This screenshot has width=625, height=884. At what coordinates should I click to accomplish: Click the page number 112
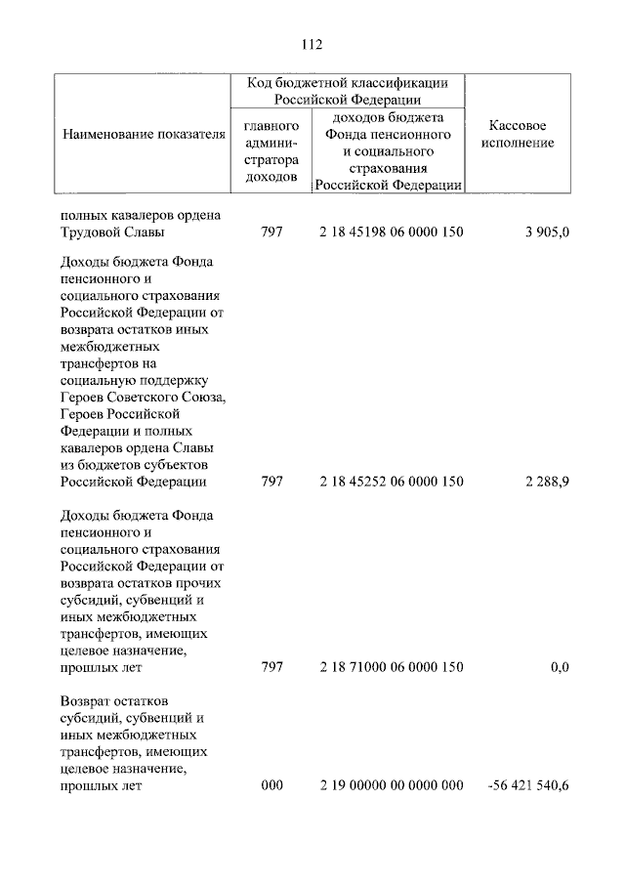[x=312, y=44]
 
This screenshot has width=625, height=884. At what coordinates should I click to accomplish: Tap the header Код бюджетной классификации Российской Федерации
[x=347, y=91]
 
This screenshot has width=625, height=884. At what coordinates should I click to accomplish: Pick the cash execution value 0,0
[x=559, y=667]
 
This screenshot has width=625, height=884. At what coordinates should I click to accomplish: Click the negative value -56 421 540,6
[x=526, y=784]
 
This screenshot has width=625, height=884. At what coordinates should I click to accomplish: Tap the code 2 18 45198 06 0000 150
[x=391, y=232]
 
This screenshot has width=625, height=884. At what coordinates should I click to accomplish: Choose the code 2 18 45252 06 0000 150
[x=391, y=482]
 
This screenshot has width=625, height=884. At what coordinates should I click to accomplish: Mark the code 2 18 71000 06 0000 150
[x=391, y=667]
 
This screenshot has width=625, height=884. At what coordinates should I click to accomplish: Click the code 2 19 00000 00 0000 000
[x=391, y=784]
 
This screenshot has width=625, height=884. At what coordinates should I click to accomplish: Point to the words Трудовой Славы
[x=112, y=232]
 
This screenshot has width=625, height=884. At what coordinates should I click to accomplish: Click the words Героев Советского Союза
[x=142, y=397]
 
